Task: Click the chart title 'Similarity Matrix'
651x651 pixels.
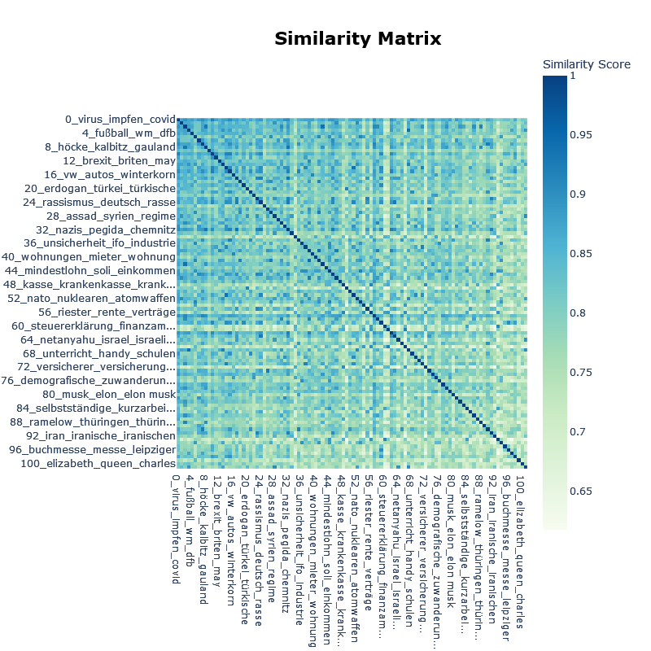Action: [x=357, y=39]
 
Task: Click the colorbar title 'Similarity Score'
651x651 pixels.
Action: [x=586, y=64]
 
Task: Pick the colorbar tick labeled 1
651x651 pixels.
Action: [x=572, y=76]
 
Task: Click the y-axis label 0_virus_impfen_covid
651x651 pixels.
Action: [x=120, y=120]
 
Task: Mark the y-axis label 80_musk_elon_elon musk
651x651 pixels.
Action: [x=114, y=395]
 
